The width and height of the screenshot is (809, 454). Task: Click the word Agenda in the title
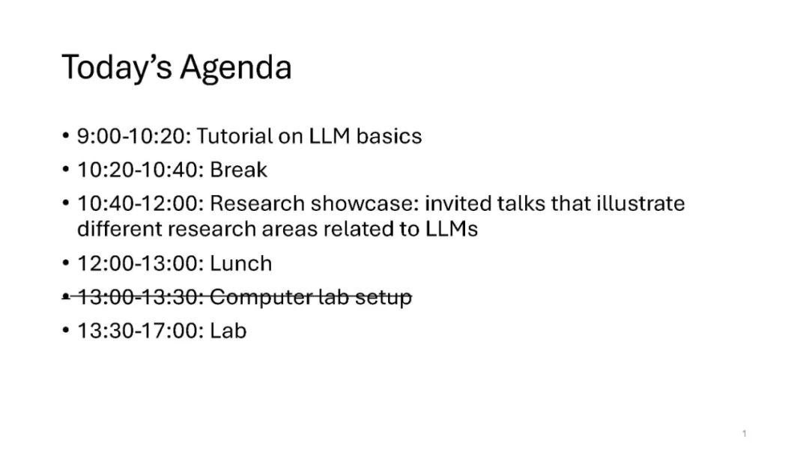236,68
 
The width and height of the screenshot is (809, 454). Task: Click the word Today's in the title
117,68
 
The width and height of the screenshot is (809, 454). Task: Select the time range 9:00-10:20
134,136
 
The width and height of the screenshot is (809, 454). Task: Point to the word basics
389,136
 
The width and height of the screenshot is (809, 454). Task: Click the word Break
238,170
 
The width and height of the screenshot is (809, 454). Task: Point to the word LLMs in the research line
452,229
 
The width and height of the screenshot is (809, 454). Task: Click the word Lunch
240,263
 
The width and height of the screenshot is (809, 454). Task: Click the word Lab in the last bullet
228,331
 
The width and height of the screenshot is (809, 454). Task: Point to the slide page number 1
744,433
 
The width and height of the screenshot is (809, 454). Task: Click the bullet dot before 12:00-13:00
65,263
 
